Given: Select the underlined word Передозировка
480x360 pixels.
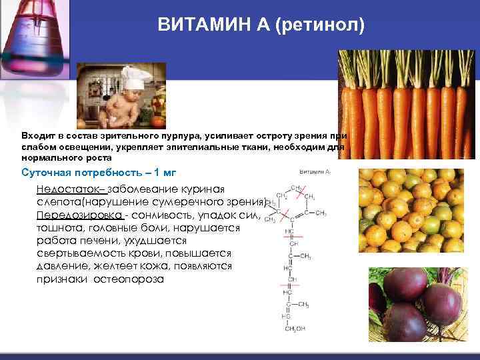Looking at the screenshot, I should pos(79,215).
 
